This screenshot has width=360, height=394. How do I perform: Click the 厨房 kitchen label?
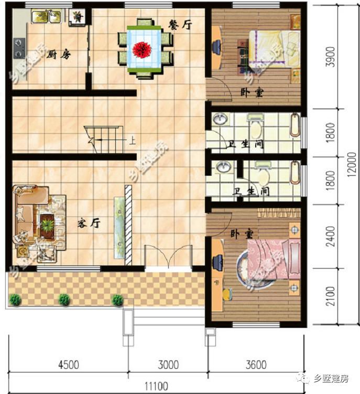59,54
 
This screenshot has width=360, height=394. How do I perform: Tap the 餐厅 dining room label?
180,25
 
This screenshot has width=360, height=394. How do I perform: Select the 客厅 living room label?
89,223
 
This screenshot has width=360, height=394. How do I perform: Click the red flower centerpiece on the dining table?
142,49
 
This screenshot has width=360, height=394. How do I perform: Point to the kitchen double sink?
47,16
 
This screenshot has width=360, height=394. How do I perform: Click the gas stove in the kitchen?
19,48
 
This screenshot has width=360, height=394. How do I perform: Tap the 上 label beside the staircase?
132,140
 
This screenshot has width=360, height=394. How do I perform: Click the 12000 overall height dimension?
352,164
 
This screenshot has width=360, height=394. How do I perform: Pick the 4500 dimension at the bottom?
69,365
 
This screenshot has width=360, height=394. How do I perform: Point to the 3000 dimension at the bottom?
168,365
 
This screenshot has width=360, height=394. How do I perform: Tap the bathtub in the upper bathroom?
295,125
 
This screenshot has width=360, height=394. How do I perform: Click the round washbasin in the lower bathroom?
223,167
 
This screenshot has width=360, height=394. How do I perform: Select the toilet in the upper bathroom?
256,127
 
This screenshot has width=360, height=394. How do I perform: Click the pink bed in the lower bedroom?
274,259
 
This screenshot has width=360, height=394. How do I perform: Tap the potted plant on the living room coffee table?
47,225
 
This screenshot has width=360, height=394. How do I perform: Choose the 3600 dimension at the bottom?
256,365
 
